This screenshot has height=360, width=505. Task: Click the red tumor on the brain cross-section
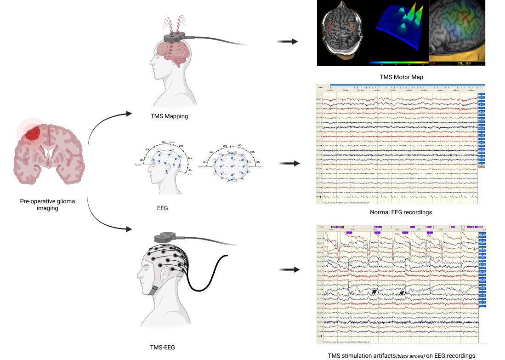pos(33,134)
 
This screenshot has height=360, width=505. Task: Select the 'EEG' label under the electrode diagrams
pos(163,208)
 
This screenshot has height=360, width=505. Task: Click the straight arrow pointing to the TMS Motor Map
pos(287,42)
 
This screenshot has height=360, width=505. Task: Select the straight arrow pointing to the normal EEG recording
pos(287,163)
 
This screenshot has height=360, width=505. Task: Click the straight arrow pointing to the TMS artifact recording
pos(287,270)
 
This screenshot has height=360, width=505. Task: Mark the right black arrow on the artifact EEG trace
pos(403,292)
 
